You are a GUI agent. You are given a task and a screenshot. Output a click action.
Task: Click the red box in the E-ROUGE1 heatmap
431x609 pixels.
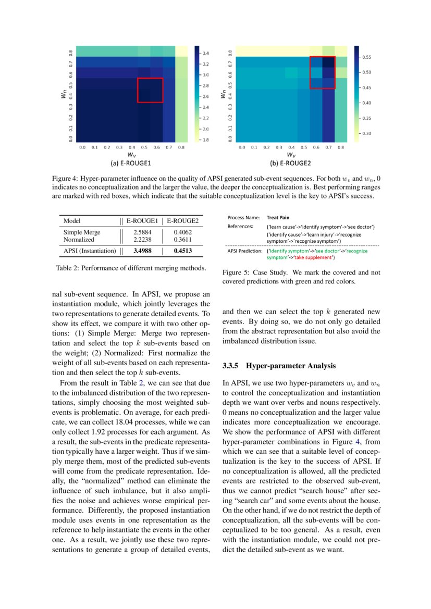(150, 90)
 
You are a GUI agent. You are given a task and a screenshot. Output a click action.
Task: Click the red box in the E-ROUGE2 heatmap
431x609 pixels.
(322, 72)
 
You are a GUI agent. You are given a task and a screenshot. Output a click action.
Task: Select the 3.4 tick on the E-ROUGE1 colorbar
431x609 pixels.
(206, 54)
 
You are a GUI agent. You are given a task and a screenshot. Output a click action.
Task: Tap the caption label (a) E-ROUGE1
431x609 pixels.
(130, 163)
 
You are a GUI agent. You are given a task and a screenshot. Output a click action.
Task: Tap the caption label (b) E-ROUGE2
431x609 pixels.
(290, 163)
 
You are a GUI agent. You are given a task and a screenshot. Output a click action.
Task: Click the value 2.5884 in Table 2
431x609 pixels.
(142, 232)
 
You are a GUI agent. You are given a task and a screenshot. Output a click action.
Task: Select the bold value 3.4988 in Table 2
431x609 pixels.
(142, 251)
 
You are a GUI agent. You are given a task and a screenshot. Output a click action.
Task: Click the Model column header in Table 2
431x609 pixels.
(72, 221)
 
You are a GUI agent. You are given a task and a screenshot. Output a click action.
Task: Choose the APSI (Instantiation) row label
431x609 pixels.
(90, 251)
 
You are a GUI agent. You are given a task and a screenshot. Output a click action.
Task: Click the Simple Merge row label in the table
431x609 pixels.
(82, 232)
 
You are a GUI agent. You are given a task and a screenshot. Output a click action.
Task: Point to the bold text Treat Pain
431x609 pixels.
(278, 217)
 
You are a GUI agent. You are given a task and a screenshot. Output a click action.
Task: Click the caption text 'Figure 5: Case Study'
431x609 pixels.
(255, 272)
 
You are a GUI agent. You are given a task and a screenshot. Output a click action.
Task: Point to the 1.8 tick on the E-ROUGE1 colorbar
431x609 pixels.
(206, 140)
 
